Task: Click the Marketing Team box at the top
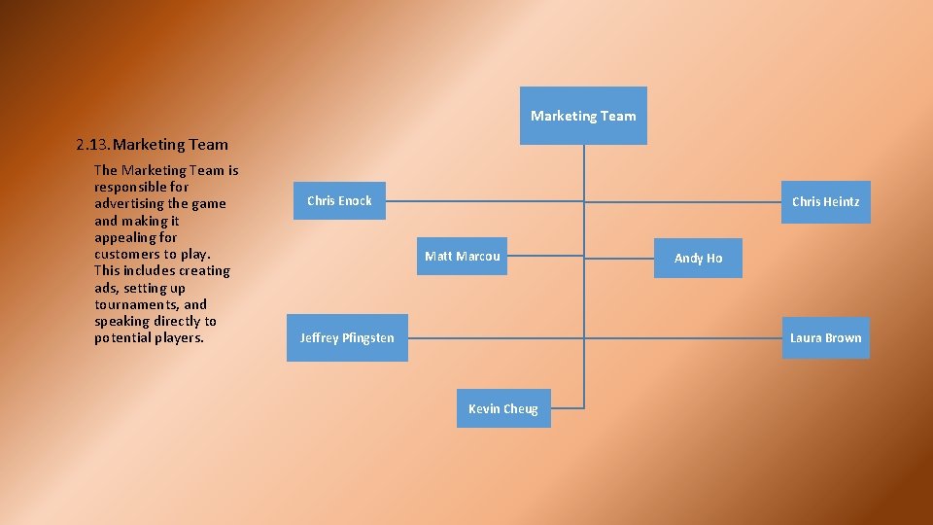(583, 116)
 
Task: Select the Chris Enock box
(339, 200)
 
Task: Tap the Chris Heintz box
(825, 202)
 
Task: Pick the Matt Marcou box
(462, 257)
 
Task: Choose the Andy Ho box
(698, 258)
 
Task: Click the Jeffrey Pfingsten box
(347, 338)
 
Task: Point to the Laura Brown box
(825, 338)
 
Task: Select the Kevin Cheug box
(502, 408)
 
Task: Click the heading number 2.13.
(92, 145)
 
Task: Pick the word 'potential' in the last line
(121, 338)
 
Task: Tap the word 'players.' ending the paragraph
(179, 338)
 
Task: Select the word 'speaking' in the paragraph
(121, 321)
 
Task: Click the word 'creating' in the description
(204, 270)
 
